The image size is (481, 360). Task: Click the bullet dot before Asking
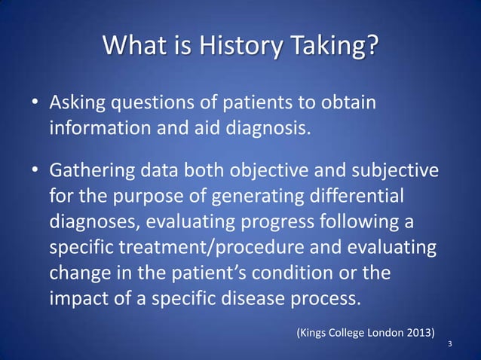[x=35, y=102]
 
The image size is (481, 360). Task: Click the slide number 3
[x=450, y=345]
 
